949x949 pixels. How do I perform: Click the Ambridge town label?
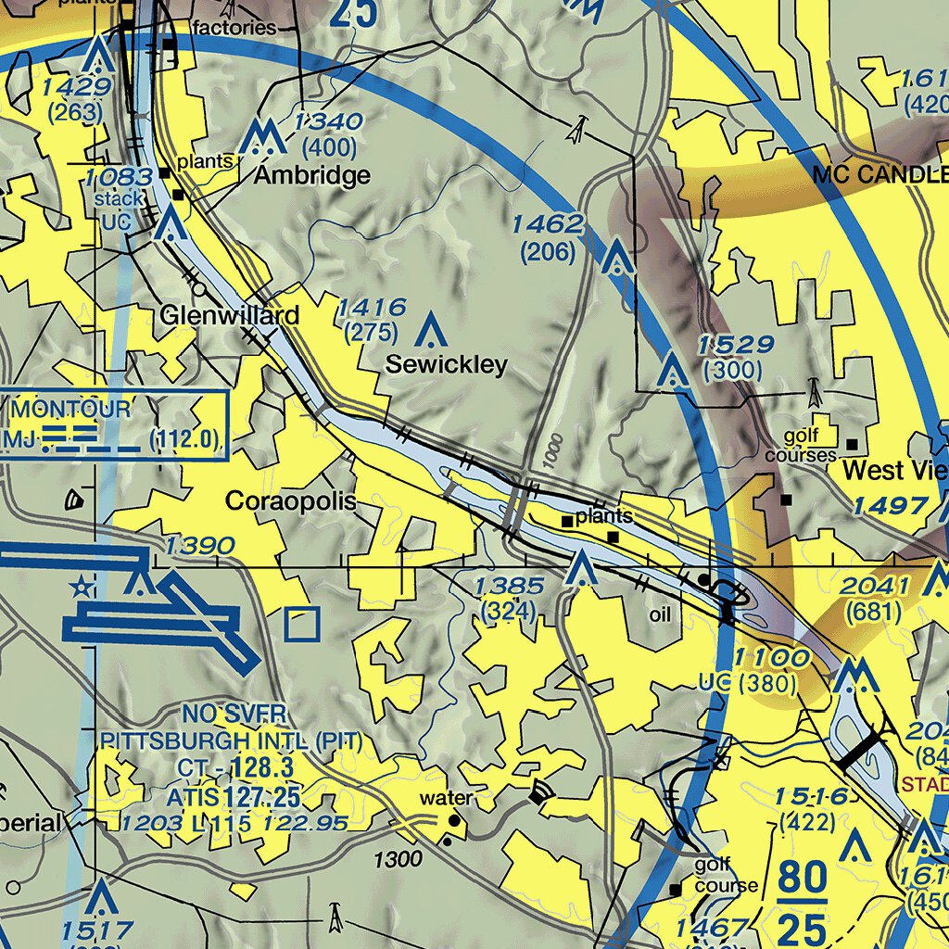[312, 175]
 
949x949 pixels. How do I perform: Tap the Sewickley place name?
[447, 364]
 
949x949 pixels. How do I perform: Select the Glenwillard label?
[229, 316]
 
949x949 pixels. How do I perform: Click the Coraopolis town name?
[291, 501]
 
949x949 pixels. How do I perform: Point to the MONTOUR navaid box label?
[71, 409]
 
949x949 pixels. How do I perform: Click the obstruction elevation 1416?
[372, 308]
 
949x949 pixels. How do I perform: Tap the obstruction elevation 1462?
[548, 224]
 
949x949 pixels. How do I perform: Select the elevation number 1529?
[736, 346]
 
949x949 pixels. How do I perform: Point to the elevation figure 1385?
[510, 586]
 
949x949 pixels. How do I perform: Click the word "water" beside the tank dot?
[446, 798]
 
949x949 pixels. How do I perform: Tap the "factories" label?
[234, 28]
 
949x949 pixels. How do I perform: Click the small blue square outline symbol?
[302, 625]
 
